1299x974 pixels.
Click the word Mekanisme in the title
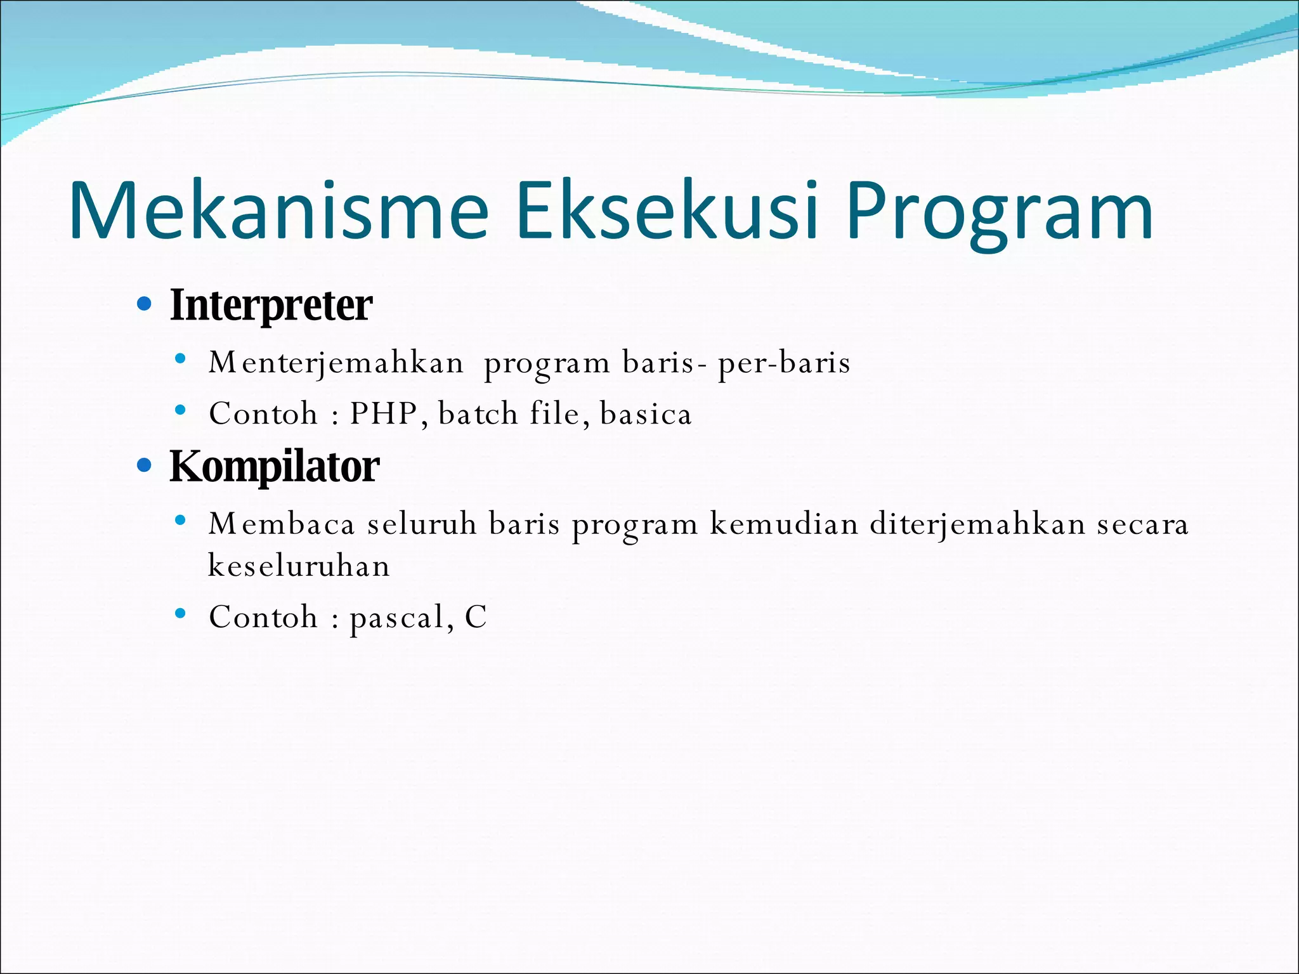click(x=279, y=211)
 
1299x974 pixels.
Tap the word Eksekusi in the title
click(x=666, y=211)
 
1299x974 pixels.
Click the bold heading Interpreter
click(x=271, y=306)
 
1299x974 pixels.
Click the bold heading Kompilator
click(x=274, y=467)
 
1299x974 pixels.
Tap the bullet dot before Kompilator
click(x=145, y=466)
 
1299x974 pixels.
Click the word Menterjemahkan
click(x=336, y=363)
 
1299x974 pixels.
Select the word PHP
click(x=383, y=414)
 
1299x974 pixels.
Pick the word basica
click(x=645, y=414)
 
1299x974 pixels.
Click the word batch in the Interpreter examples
click(x=478, y=414)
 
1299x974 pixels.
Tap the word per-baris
click(x=783, y=363)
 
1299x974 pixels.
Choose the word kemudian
click(x=783, y=524)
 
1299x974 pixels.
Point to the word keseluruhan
click(x=299, y=566)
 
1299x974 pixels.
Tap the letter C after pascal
click(x=476, y=617)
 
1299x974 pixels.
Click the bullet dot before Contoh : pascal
click(x=181, y=613)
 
